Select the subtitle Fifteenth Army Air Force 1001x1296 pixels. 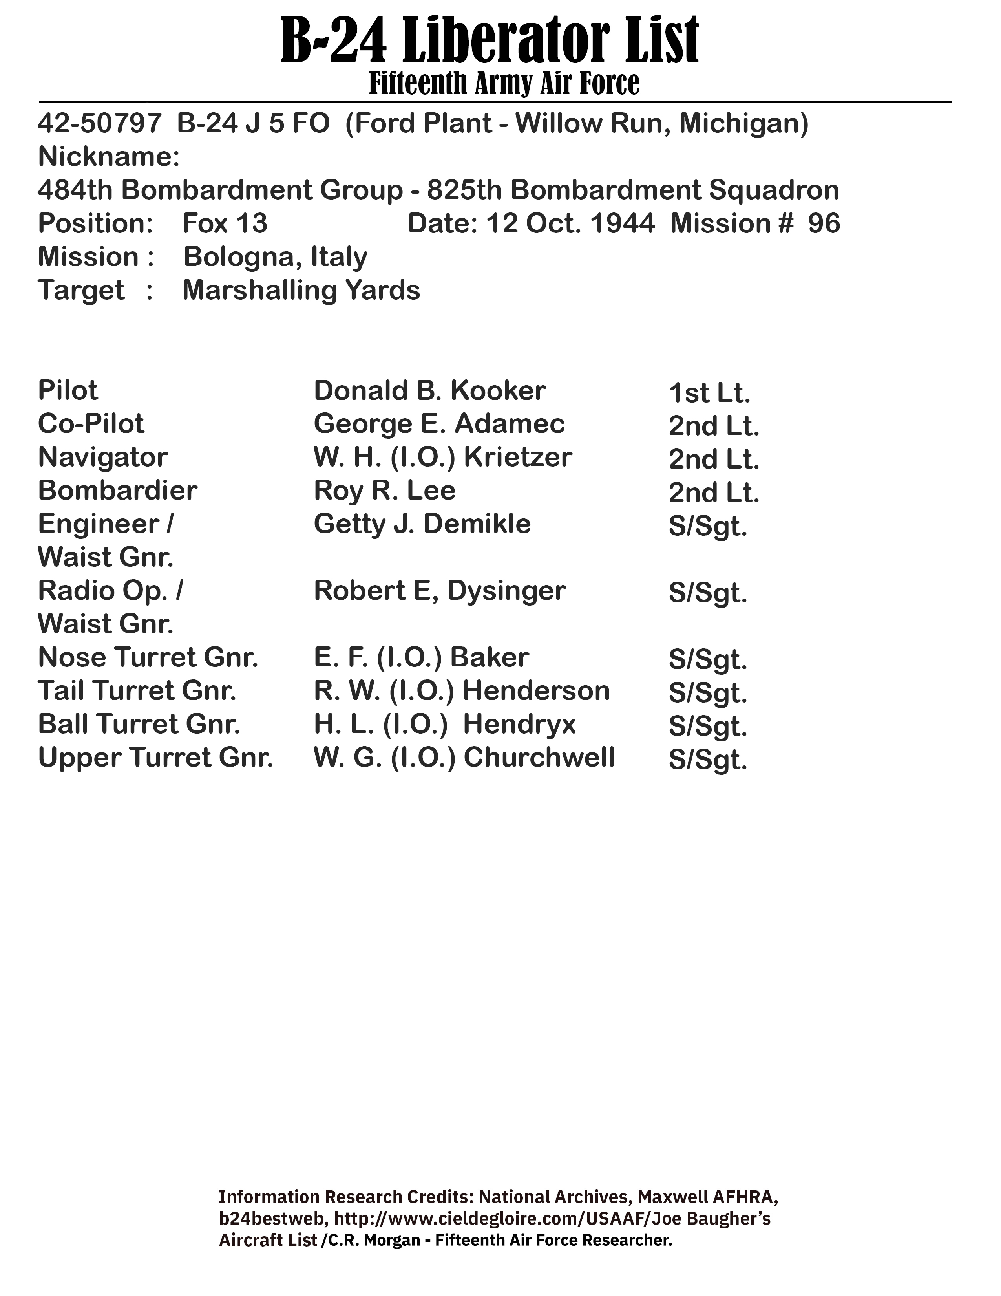(504, 83)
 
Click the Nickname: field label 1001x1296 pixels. (108, 157)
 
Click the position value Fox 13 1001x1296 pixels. (225, 224)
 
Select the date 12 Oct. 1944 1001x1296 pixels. (570, 224)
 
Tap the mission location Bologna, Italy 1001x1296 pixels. (275, 257)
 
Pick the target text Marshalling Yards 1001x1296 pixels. (301, 290)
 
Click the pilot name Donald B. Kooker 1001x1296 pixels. (429, 390)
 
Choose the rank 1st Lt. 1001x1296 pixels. (709, 393)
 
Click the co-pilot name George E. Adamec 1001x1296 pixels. (439, 424)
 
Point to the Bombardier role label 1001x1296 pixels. (117, 491)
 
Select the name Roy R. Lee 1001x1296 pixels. (384, 491)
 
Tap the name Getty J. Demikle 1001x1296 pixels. (422, 524)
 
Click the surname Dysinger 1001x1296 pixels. (506, 590)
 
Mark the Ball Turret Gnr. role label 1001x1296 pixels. (139, 724)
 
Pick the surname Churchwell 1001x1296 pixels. (539, 758)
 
